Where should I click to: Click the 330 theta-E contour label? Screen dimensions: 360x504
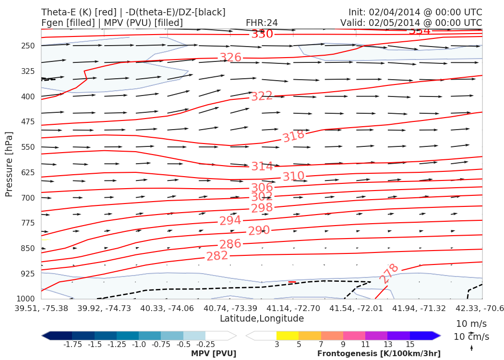click(x=262, y=34)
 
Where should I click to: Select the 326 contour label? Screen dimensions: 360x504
click(x=230, y=58)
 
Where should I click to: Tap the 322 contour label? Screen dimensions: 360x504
click(x=262, y=96)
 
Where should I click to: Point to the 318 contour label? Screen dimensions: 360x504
click(x=293, y=136)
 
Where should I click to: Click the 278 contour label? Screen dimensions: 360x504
click(x=389, y=273)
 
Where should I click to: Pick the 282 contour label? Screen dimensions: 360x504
click(x=217, y=256)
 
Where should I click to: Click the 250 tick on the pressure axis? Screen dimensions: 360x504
click(x=28, y=46)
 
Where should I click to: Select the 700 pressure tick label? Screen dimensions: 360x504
click(x=28, y=198)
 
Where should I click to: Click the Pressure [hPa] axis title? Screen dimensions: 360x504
click(x=9, y=163)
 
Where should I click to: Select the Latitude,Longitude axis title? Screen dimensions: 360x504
click(x=262, y=319)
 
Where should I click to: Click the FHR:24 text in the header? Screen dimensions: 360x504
click(x=262, y=23)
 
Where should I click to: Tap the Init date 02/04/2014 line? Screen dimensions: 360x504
click(x=415, y=12)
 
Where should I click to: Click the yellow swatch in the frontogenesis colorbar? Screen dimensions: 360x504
click(x=288, y=335)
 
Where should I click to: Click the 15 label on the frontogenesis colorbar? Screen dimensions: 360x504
click(x=410, y=345)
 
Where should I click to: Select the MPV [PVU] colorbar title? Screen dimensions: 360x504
click(x=213, y=354)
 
